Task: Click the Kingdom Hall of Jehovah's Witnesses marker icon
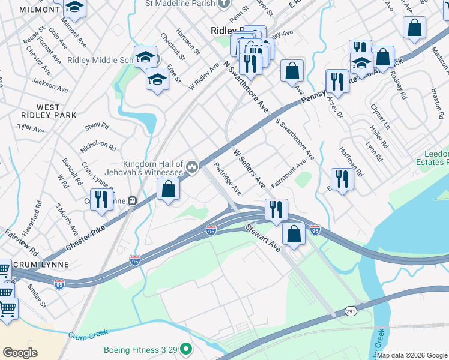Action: click(x=192, y=166)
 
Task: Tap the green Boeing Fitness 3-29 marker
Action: click(x=186, y=349)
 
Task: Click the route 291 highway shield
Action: click(x=351, y=311)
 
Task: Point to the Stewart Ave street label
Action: click(x=262, y=238)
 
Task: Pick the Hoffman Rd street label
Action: click(x=351, y=161)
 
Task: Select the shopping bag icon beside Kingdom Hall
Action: click(x=169, y=190)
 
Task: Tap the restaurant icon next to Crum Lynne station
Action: click(x=101, y=200)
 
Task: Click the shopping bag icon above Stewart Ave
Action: click(x=294, y=234)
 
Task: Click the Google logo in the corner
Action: click(x=20, y=353)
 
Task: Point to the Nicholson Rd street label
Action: click(x=98, y=145)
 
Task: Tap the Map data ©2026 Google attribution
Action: click(x=412, y=355)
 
